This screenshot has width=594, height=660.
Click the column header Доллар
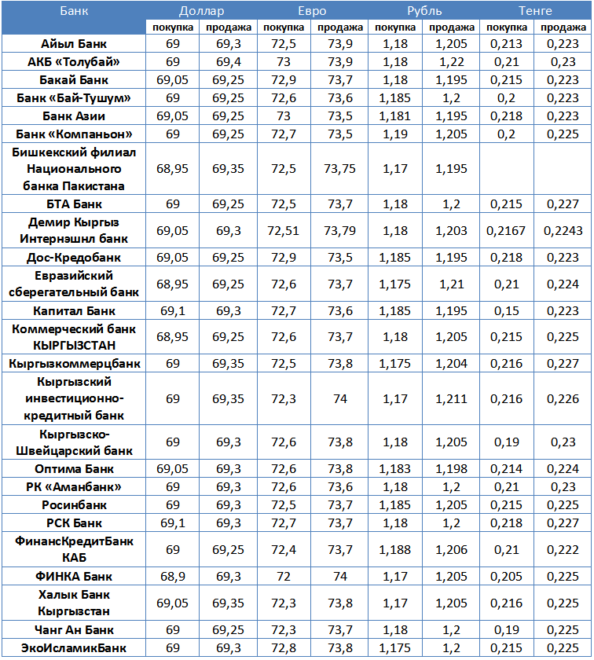[200, 11]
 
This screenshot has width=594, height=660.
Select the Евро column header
[312, 11]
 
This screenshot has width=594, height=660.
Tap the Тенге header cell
[535, 11]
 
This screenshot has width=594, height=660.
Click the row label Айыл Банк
[74, 44]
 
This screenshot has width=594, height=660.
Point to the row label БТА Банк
[74, 203]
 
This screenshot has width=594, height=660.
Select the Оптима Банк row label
[74, 469]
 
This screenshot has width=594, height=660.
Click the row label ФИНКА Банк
[74, 577]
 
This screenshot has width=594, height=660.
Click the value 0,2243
[563, 230]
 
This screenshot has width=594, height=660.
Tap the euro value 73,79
[339, 230]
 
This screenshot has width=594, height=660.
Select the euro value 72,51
[284, 230]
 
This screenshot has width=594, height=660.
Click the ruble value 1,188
[395, 550]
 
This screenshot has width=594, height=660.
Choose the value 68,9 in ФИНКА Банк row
[173, 577]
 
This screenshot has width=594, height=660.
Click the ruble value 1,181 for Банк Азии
[395, 115]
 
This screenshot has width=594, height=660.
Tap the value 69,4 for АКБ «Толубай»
[228, 62]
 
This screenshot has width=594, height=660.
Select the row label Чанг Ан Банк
[74, 630]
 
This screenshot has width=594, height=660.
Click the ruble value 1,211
[451, 399]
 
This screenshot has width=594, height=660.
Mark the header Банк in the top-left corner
[74, 11]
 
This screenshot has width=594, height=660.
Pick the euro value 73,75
[339, 168]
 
